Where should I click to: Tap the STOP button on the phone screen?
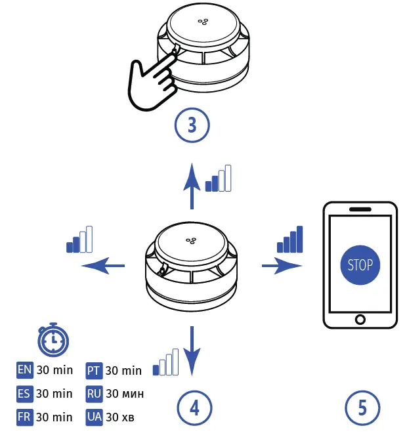(360, 265)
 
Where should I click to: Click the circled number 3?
(192, 125)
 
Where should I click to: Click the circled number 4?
(194, 408)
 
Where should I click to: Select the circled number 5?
(362, 408)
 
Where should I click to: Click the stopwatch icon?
(53, 339)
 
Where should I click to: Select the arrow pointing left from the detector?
(102, 266)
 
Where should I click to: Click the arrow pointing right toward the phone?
(282, 266)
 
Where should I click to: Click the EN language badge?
(24, 370)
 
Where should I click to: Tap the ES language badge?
(24, 394)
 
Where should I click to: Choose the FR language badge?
(24, 417)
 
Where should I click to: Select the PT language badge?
(94, 371)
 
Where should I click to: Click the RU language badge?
(94, 394)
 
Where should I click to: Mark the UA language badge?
(94, 417)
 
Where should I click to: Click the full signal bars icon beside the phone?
(289, 240)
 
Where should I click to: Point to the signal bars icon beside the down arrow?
(165, 362)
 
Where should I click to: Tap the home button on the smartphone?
(360, 320)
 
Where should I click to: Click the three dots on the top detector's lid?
(203, 22)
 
